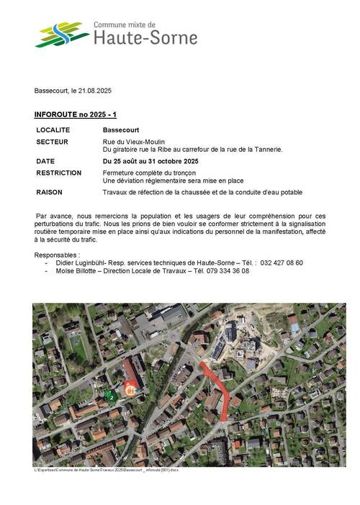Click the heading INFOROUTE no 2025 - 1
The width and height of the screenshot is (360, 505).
click(75, 115)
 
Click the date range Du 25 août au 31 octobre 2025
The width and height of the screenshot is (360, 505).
click(150, 161)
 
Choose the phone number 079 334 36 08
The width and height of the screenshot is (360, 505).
click(226, 271)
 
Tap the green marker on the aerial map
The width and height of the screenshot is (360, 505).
click(109, 394)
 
